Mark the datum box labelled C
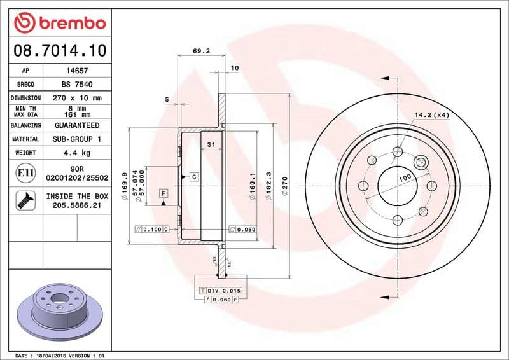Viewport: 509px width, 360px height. (x=193, y=176)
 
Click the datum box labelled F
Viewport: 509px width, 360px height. (x=164, y=192)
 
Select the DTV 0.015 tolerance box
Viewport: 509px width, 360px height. (x=220, y=290)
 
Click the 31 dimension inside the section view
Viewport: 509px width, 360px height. (x=210, y=145)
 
